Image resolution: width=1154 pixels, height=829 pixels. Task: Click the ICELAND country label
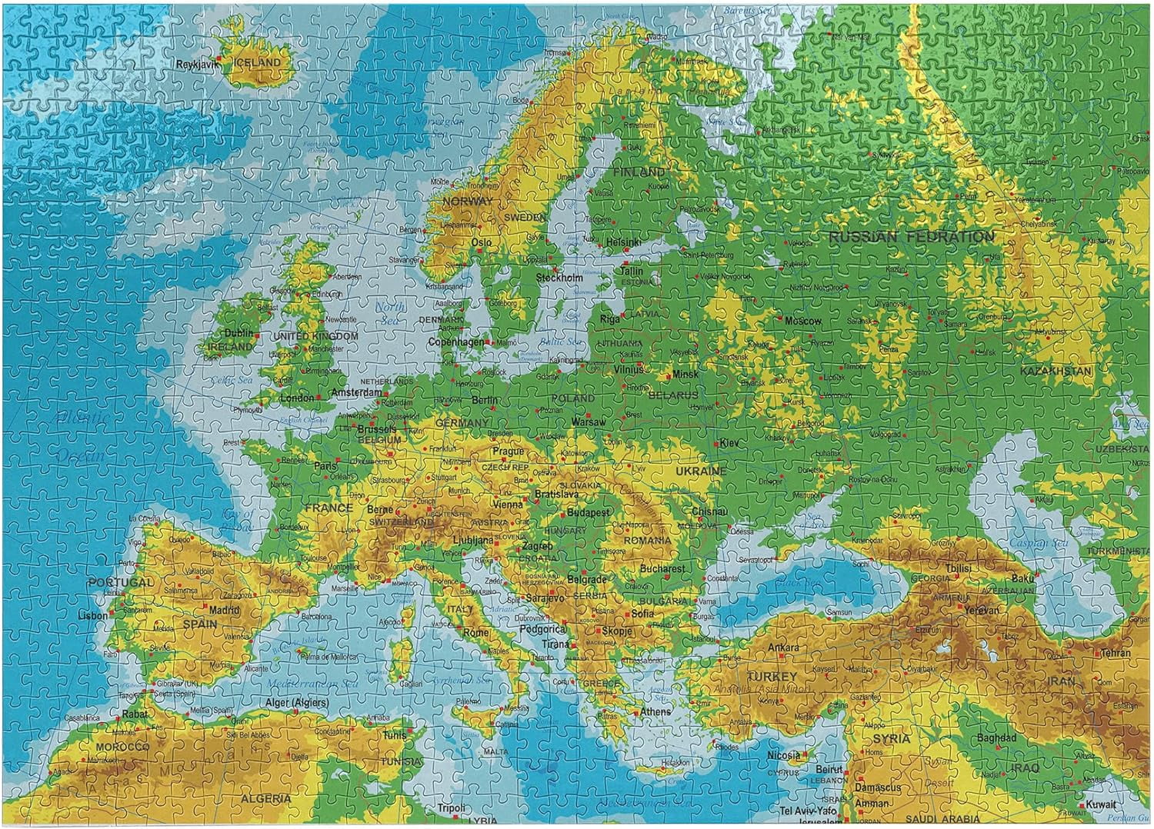(257, 62)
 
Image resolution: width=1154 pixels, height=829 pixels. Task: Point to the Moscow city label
(803, 321)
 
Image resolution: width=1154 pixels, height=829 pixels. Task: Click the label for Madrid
(225, 610)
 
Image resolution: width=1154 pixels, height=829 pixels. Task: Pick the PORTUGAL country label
(121, 582)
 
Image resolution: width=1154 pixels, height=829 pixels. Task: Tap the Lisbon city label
(93, 616)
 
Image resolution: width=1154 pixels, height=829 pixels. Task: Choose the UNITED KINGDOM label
(316, 336)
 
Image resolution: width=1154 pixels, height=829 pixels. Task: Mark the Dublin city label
(238, 333)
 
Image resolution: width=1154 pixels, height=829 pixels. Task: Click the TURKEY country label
(772, 677)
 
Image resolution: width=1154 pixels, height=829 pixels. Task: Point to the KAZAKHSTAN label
(1056, 371)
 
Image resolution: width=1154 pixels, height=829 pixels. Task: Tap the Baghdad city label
(997, 737)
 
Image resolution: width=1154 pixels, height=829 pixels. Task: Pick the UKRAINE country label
(701, 471)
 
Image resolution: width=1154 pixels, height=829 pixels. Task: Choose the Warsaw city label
(589, 422)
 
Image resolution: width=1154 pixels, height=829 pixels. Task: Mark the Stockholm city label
(559, 278)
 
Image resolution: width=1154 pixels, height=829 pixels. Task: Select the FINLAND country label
(639, 172)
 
